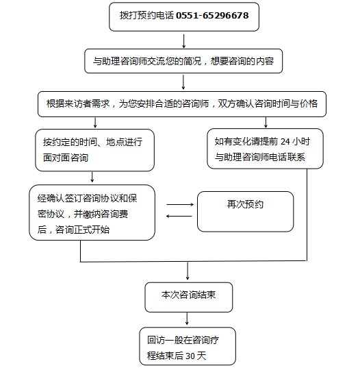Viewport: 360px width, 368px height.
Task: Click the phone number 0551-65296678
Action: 212,16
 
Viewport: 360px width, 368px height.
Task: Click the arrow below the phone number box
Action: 183,41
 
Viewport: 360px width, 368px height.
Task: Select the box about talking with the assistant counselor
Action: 183,61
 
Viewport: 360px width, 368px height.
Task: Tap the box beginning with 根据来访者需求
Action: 182,104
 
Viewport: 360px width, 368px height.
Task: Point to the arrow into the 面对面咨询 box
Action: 95,123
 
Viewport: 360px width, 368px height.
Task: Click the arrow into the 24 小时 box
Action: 266,122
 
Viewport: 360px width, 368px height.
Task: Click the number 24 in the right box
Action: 285,142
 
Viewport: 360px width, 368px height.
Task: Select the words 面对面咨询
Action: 66,158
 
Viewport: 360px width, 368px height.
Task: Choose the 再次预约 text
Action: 245,204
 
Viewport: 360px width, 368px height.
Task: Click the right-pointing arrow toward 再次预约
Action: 180,205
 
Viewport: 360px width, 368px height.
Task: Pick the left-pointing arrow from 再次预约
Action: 179,216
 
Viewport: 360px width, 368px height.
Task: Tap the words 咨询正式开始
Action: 82,230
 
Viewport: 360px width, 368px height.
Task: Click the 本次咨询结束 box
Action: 189,297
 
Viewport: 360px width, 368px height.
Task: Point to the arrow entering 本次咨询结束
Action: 188,271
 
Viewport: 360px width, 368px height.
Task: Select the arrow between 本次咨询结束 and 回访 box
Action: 187,319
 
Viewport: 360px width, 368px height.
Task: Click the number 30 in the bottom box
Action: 190,356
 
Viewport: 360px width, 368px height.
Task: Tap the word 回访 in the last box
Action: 156,340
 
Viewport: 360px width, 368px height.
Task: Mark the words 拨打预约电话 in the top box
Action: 146,16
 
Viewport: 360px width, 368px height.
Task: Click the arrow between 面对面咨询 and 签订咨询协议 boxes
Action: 92,177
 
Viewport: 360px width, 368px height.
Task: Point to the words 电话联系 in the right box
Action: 287,157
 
